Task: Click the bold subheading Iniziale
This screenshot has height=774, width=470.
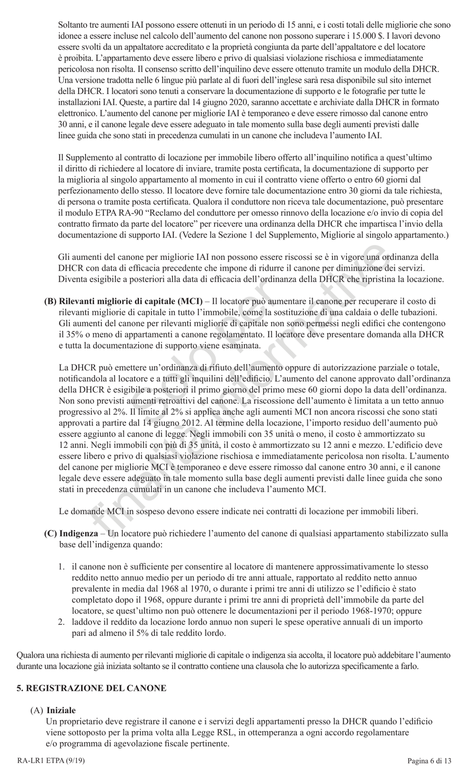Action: (x=61, y=710)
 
